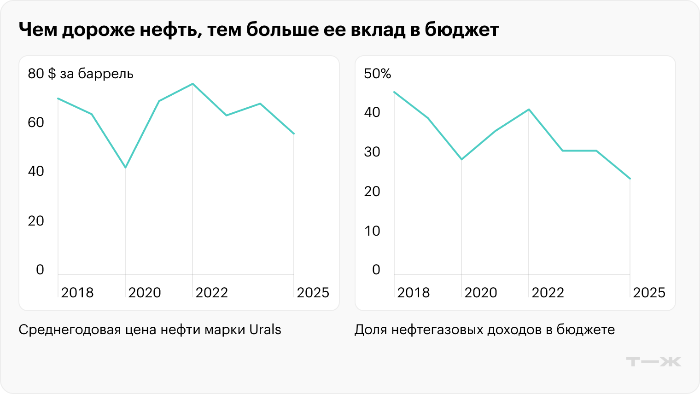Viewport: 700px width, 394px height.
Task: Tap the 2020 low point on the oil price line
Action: coord(125,167)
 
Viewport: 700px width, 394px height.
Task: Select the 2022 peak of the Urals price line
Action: coord(192,84)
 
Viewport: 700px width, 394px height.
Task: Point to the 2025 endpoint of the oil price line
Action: coord(294,134)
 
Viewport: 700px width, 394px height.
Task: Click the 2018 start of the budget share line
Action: coord(394,92)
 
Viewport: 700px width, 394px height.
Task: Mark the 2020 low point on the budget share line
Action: coord(461,159)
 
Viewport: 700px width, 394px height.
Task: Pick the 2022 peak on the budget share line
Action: coord(529,110)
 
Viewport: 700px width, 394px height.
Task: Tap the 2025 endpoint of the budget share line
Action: coord(630,179)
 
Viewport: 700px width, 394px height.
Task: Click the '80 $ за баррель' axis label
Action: coord(81,74)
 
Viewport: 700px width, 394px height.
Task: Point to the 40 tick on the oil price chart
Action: coord(36,171)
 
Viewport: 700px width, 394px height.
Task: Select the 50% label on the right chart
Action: coord(378,74)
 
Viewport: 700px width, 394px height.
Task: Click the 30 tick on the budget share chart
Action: coord(372,152)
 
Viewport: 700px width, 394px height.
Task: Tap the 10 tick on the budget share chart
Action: coord(372,231)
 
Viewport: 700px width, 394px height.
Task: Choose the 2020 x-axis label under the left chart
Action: coord(145,293)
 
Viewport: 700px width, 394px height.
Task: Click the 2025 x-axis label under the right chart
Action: coord(649,293)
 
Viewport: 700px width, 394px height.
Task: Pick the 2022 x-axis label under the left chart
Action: coord(212,293)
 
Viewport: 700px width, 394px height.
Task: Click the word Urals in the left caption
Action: coord(265,330)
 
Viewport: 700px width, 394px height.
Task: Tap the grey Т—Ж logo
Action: coord(653,362)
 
